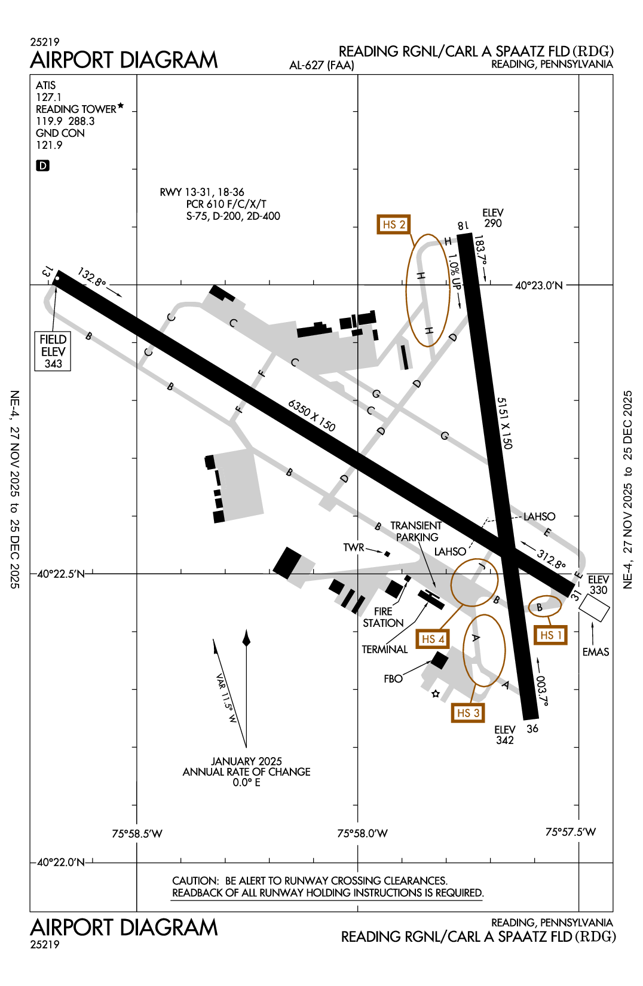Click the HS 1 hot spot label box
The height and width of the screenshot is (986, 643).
point(550,635)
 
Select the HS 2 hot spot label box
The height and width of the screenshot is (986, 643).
point(394,224)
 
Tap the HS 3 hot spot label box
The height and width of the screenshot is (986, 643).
point(468,713)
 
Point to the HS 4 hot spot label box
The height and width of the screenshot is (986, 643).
point(433,639)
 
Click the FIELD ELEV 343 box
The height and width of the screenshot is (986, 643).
point(53,351)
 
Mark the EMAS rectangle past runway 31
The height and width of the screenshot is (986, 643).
point(594,608)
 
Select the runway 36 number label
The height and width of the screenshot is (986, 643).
point(532,728)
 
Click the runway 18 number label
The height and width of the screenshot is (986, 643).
point(463,225)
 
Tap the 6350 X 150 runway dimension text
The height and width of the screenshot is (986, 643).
point(311,415)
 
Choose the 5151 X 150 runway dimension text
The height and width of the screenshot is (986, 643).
point(505,423)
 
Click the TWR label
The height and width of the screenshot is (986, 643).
point(353,547)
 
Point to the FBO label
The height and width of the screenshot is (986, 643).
point(393,679)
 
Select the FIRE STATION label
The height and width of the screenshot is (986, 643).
point(383,617)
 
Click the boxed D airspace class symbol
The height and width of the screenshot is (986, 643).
point(42,166)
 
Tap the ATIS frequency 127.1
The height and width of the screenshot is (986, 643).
point(48,97)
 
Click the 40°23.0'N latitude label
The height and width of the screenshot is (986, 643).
point(538,286)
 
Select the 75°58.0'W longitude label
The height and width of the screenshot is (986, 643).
point(362,834)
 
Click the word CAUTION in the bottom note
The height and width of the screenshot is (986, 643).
point(195,881)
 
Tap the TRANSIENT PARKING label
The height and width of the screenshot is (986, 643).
point(417,531)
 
